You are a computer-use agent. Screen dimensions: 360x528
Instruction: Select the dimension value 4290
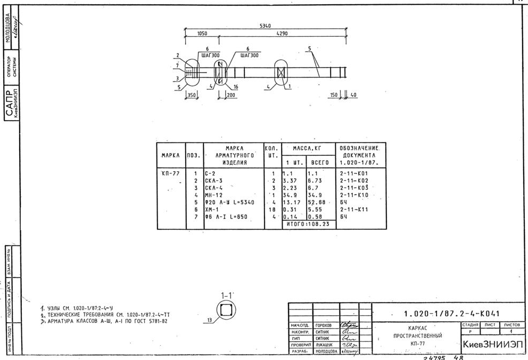coord(282,34)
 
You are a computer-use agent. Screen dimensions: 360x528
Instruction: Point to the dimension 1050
coord(202,34)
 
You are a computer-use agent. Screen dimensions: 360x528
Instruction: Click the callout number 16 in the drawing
coord(235,86)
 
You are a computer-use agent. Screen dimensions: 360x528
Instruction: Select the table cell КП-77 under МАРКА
coord(170,173)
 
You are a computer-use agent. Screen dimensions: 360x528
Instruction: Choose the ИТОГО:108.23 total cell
coord(308,224)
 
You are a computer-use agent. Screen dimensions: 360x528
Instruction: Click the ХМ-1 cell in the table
coord(212,210)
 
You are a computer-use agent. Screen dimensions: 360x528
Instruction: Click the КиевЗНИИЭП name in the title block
coord(492,345)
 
